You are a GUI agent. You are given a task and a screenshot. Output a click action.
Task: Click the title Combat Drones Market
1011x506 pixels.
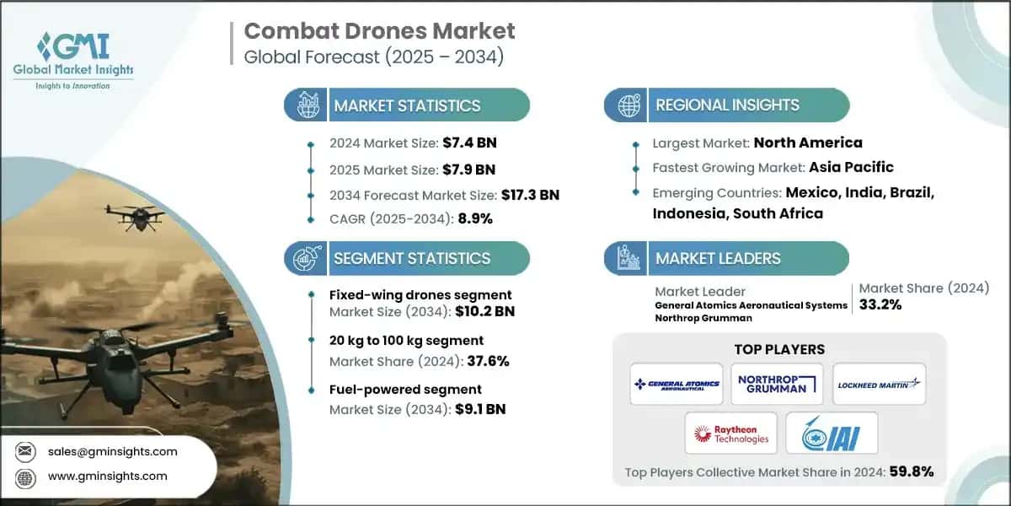(x=379, y=32)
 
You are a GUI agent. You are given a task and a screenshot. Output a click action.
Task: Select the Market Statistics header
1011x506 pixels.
(x=407, y=105)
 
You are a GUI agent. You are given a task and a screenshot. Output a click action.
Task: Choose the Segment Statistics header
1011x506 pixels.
(x=411, y=258)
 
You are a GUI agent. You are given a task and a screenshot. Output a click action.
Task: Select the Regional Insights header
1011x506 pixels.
(x=727, y=105)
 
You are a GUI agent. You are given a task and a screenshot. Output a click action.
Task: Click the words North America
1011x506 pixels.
(x=807, y=143)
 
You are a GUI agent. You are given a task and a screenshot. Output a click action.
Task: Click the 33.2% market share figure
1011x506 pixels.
(x=880, y=304)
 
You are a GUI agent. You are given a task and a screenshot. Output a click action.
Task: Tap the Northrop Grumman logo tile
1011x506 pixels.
(x=777, y=384)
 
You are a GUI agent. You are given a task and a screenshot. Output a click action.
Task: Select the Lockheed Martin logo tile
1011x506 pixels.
(x=879, y=384)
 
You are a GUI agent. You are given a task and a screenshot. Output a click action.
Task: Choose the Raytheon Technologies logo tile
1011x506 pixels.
(x=731, y=433)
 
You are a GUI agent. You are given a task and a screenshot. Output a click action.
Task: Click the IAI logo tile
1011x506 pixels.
(x=831, y=433)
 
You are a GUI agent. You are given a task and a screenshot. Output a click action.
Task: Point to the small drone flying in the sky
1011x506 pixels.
(x=134, y=216)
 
